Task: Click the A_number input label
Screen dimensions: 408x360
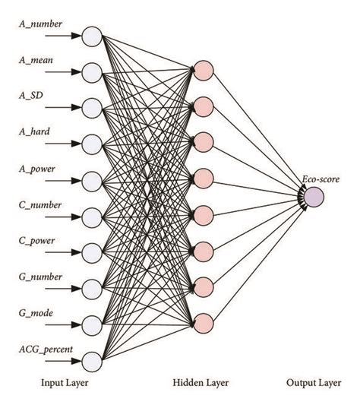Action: click(40, 24)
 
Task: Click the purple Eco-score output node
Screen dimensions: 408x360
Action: click(314, 197)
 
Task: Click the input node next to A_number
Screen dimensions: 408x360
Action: click(92, 35)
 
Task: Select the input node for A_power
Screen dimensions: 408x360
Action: click(92, 180)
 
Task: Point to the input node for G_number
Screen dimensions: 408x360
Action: click(92, 288)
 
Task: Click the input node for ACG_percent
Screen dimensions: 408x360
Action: click(92, 360)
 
